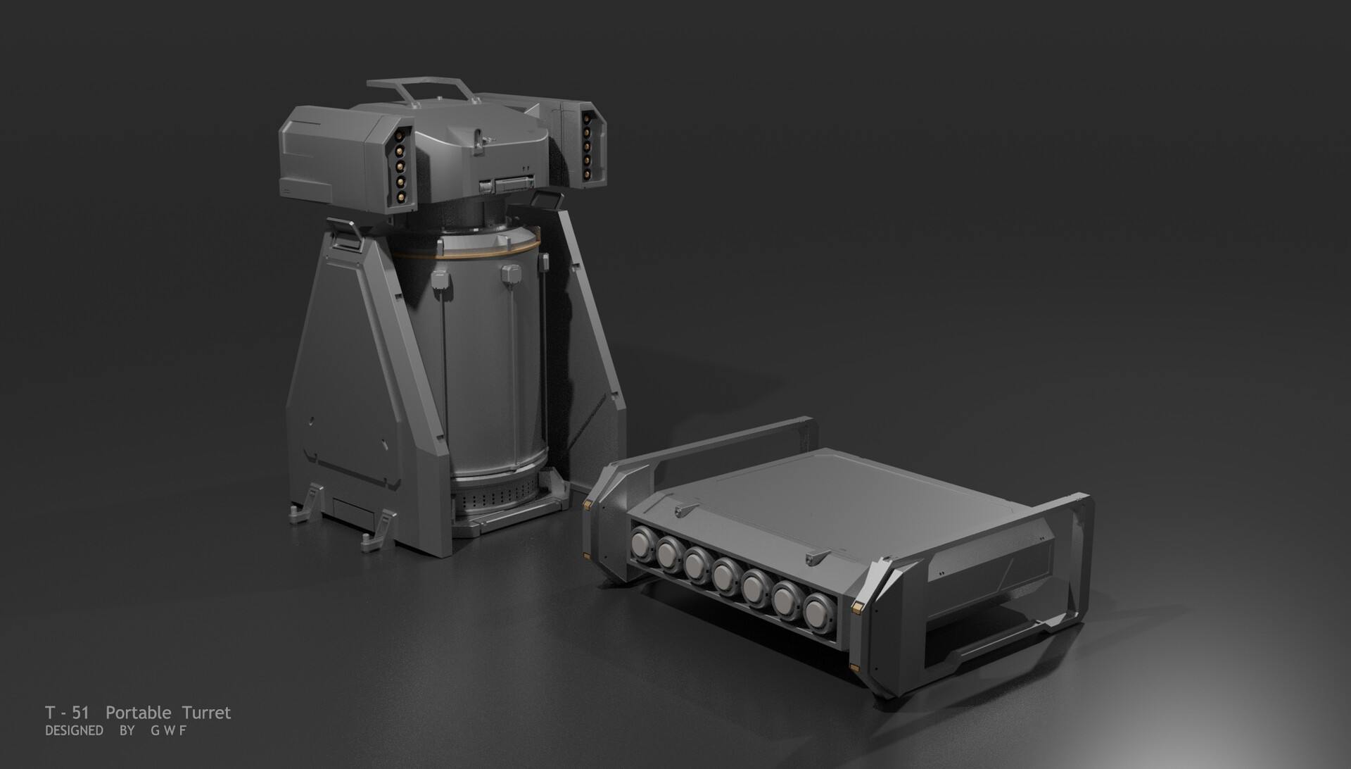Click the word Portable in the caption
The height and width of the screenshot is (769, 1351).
coord(138,713)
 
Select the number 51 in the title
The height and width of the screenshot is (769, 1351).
coord(81,713)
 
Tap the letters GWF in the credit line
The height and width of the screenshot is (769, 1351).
coord(168,731)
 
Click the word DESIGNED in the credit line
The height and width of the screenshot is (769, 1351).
coord(74,731)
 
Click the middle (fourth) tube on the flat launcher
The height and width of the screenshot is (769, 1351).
coord(725,575)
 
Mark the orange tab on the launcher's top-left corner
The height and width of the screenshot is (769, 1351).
coord(587,504)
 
